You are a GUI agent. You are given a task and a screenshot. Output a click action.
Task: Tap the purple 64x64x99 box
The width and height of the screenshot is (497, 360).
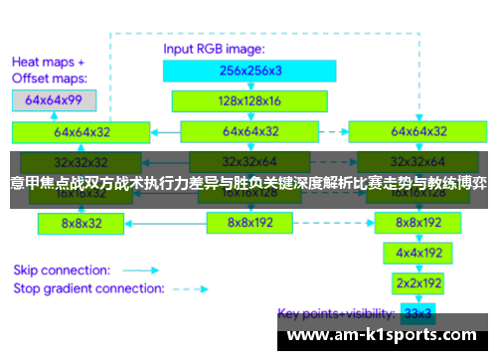tap(54, 99)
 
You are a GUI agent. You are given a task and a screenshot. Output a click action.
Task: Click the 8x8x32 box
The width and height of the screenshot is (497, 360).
tap(82, 224)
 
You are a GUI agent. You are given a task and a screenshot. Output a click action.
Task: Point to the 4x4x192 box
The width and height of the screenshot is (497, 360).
tap(417, 253)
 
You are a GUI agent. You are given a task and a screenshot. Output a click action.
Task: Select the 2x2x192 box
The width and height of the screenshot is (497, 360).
tap(417, 282)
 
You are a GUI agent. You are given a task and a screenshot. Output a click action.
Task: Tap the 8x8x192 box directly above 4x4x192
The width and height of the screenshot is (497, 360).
tap(417, 223)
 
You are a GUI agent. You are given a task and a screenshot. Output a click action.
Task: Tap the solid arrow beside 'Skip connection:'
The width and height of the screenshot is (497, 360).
tap(147, 270)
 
